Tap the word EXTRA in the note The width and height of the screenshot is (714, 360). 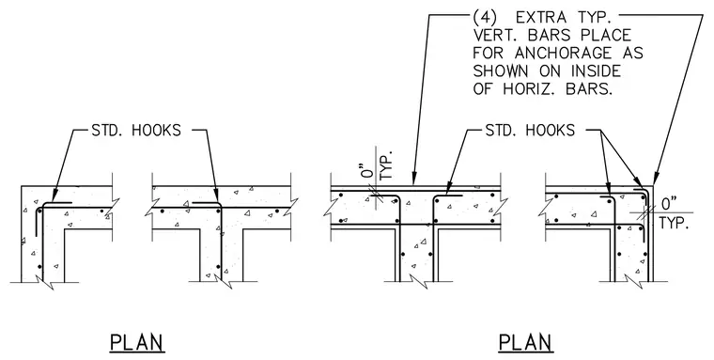pyautogui.click(x=541, y=18)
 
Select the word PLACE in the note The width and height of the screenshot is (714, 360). pyautogui.click(x=607, y=36)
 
